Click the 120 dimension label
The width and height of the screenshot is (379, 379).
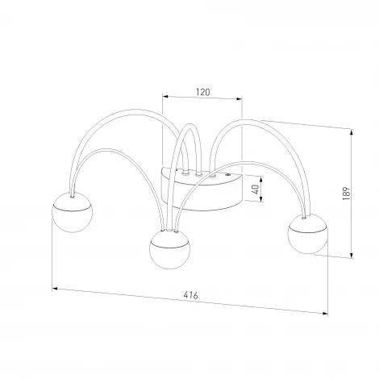(202, 92)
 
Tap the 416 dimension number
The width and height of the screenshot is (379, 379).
(191, 295)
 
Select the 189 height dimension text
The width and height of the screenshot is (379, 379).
(347, 194)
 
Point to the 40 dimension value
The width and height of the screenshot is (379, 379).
(256, 189)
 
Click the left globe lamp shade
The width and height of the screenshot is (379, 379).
(72, 212)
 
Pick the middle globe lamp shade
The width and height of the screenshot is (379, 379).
(169, 249)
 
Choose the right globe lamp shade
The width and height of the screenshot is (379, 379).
(308, 234)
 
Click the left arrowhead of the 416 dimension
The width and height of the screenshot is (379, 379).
(55, 289)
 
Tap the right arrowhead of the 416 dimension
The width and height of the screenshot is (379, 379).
(325, 314)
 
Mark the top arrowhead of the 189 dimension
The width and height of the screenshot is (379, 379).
(352, 133)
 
